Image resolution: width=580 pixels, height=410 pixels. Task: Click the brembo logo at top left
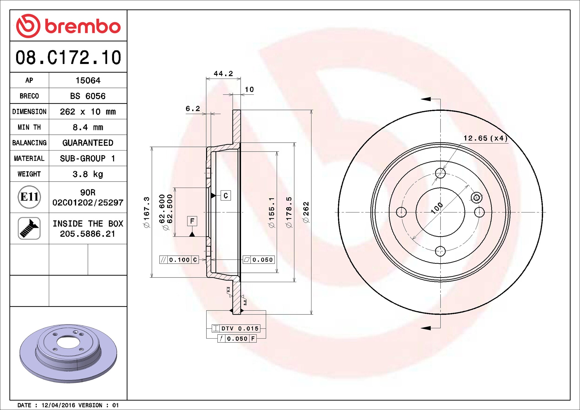[x=68, y=26]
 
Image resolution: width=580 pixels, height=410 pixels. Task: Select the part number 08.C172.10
[x=68, y=58]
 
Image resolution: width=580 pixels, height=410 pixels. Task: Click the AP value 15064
[x=88, y=80]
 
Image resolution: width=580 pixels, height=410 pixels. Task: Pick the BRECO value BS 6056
[x=88, y=96]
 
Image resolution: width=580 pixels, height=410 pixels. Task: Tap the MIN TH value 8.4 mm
[x=88, y=127]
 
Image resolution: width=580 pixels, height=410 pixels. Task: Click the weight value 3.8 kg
[x=88, y=174]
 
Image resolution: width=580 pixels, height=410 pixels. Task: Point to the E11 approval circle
[x=29, y=197]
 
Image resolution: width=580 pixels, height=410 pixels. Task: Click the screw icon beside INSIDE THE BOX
[x=29, y=228]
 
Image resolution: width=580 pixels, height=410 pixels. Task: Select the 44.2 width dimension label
[x=223, y=74]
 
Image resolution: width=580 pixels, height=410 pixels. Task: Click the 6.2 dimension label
[x=193, y=109]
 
